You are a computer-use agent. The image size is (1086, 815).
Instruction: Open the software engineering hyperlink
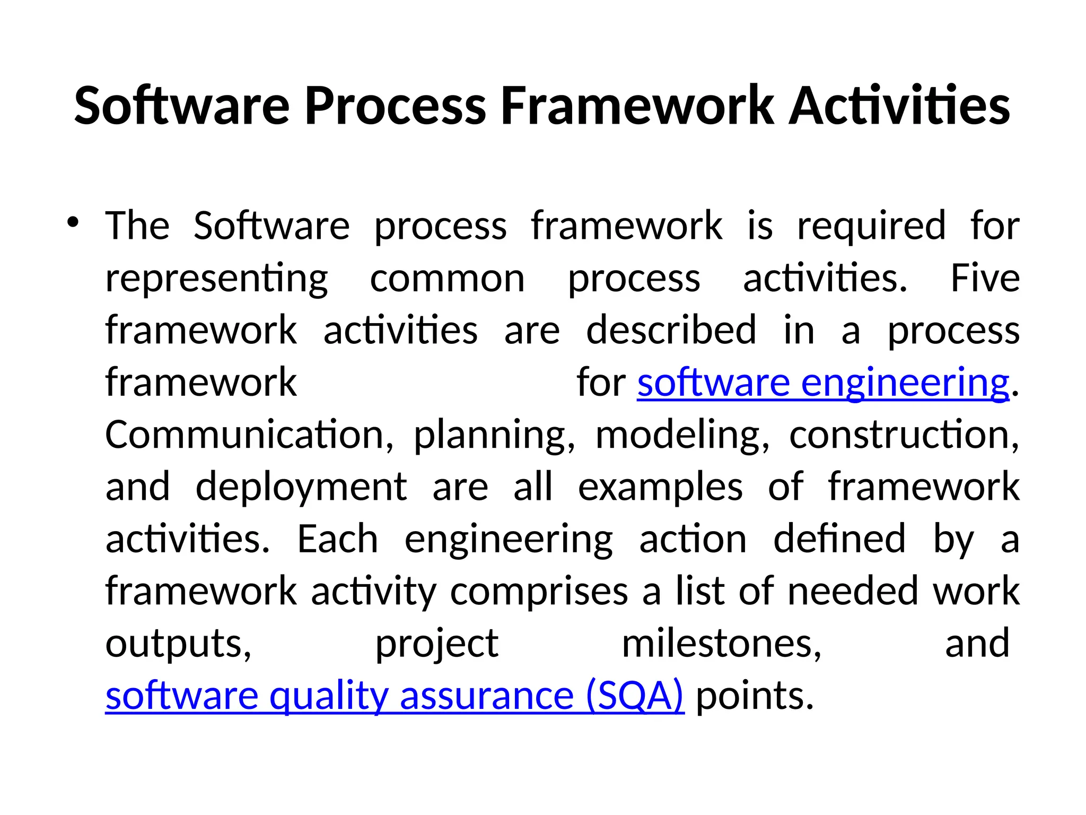pos(822,383)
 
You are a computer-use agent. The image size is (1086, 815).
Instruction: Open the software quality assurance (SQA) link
pos(395,696)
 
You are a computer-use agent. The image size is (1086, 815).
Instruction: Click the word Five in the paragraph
pos(985,279)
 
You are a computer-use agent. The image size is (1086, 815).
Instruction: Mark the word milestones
pos(721,644)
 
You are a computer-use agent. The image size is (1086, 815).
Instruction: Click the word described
pos(671,330)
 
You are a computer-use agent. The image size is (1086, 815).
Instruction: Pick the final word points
pos(754,696)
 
